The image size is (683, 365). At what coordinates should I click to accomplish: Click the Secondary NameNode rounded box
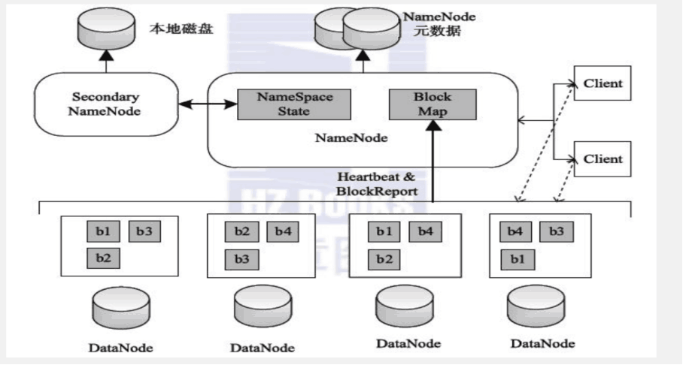pyautogui.click(x=106, y=107)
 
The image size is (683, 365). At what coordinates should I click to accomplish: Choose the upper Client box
pyautogui.click(x=603, y=83)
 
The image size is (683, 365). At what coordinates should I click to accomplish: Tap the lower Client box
pyautogui.click(x=603, y=159)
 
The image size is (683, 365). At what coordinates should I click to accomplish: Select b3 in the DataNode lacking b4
pyautogui.click(x=143, y=232)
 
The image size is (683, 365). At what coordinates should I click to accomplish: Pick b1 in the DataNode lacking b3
pyautogui.click(x=383, y=232)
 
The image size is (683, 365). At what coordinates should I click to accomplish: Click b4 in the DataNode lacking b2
pyautogui.click(x=514, y=232)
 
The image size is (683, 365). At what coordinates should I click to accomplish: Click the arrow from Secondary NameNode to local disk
pyautogui.click(x=105, y=62)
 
